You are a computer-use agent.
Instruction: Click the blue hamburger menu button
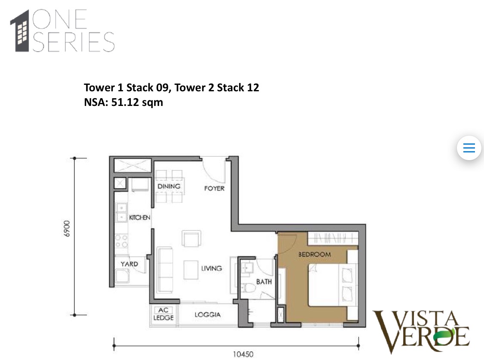[x=469, y=148]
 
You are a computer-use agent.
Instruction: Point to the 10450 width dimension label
[x=243, y=355]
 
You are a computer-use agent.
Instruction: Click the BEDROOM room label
[x=314, y=254]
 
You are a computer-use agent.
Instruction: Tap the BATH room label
[x=264, y=282]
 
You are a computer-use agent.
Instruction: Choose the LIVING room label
[x=211, y=268]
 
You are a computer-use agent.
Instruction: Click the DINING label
[x=169, y=186]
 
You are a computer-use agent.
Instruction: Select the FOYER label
[x=214, y=189]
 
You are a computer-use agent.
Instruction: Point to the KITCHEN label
[x=139, y=218]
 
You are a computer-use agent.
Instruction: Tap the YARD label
[x=129, y=264]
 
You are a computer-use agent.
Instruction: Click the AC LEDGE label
[x=163, y=314]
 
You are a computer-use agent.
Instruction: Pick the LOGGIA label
[x=207, y=315]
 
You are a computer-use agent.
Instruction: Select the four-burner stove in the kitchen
[x=121, y=240]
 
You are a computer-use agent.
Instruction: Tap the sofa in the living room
[x=165, y=269]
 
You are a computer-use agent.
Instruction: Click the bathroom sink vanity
[x=247, y=268]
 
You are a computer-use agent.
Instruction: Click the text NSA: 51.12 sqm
[x=123, y=102]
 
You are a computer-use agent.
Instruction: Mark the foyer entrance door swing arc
[x=213, y=171]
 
